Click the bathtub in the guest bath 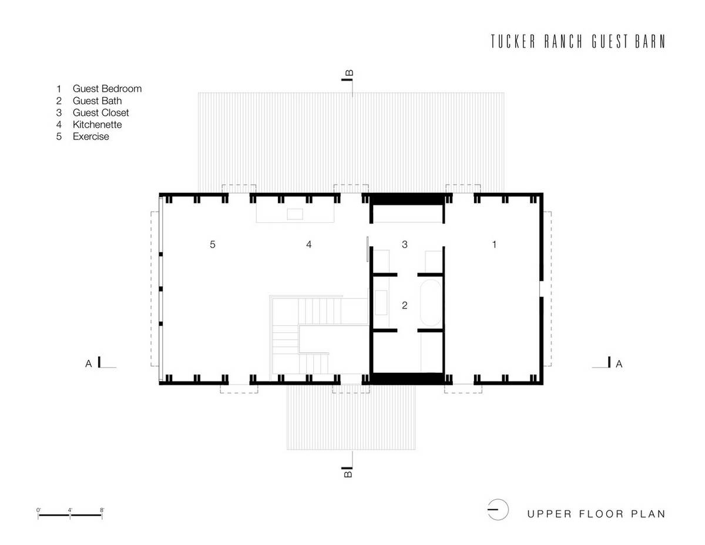point(431,303)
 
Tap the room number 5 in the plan point(213,245)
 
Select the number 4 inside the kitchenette point(309,245)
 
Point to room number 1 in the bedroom point(494,245)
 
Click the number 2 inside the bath point(405,305)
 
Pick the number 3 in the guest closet point(405,245)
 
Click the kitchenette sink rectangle point(295,214)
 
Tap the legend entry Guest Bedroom point(107,89)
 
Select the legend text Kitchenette point(98,125)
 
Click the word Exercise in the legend point(91,136)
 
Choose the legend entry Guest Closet point(100,113)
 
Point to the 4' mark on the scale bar point(70,510)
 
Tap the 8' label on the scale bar point(102,510)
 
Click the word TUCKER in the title point(513,42)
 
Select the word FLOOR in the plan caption point(601,514)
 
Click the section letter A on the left point(89,364)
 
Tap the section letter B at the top point(350,73)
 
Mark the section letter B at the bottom point(348,474)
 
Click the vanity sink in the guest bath point(381,303)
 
